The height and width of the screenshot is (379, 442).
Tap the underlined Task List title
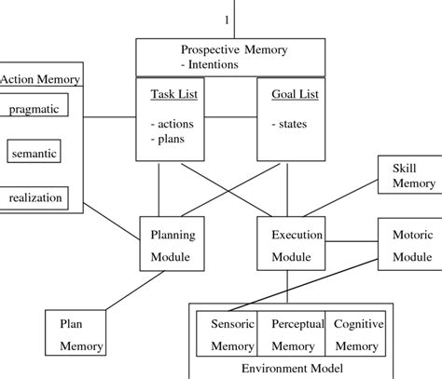click(x=173, y=94)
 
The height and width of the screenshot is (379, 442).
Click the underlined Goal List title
click(x=290, y=94)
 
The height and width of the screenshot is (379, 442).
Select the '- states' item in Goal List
click(x=287, y=122)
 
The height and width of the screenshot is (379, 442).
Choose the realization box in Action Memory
click(x=36, y=196)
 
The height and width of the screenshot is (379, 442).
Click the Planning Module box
click(x=171, y=247)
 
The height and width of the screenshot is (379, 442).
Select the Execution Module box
click(x=290, y=247)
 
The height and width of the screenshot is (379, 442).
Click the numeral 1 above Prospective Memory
click(x=226, y=20)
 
